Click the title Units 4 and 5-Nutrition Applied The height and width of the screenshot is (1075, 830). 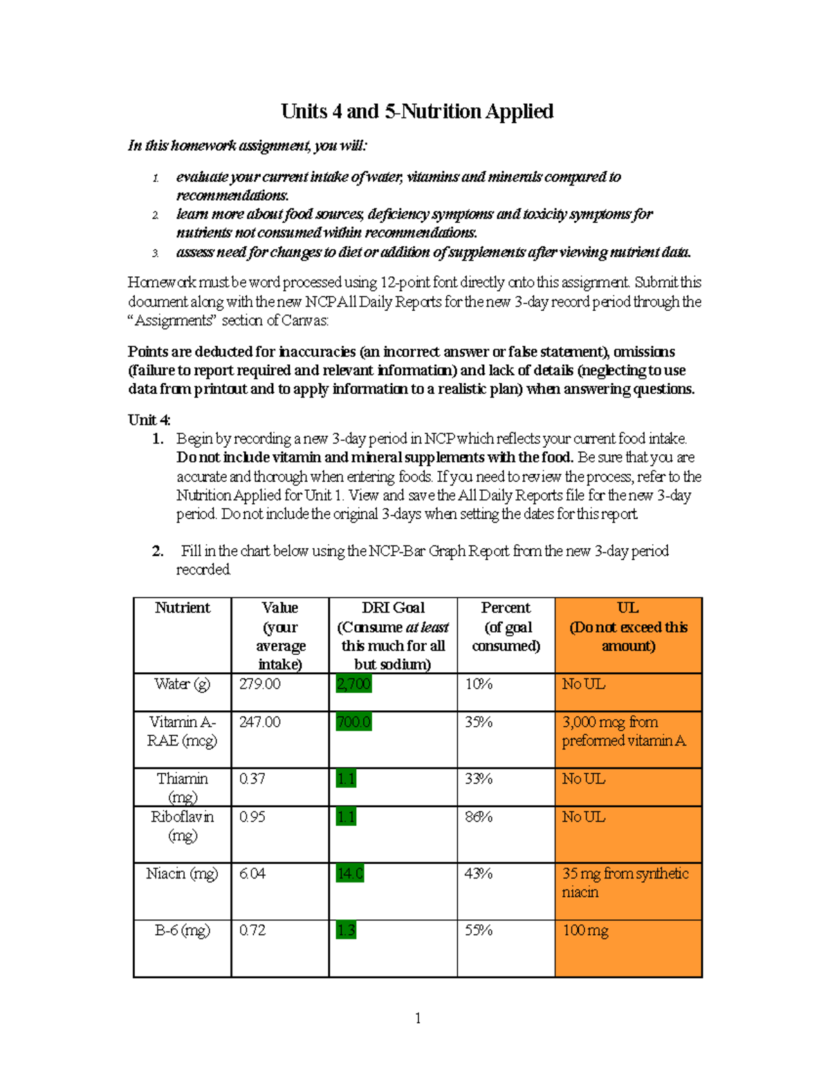click(x=416, y=111)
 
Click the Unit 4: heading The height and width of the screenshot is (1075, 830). click(x=149, y=420)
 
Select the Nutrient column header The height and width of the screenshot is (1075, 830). click(x=182, y=608)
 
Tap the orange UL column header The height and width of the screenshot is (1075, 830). click(x=628, y=626)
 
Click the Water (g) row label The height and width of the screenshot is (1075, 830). click(x=182, y=684)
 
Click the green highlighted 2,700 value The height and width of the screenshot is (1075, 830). click(x=353, y=684)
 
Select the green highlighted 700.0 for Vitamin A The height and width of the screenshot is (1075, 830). click(x=353, y=722)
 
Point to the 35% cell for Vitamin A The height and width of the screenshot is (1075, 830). click(x=478, y=722)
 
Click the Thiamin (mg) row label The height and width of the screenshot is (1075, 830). click(x=182, y=787)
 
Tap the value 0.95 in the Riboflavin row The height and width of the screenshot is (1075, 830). click(x=252, y=817)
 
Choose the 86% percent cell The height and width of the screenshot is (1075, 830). click(x=478, y=817)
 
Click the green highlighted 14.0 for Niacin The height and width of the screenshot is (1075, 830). click(x=349, y=874)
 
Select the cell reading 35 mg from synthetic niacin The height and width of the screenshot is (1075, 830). click(x=625, y=883)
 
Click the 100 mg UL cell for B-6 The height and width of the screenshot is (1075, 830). click(x=585, y=930)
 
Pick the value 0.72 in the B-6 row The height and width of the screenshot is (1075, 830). click(x=252, y=930)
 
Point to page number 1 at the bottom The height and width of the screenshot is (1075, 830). click(x=417, y=1018)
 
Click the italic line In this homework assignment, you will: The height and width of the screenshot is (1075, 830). click(x=248, y=145)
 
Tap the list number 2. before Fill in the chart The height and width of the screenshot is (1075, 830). click(x=158, y=552)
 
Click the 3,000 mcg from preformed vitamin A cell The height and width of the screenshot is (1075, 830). click(x=623, y=731)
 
